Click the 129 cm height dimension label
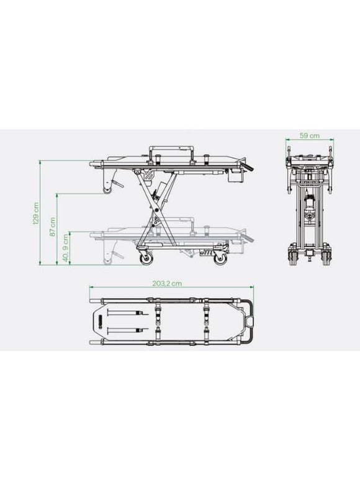click(x=36, y=214)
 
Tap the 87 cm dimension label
click(x=53, y=227)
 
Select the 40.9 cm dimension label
click(x=66, y=248)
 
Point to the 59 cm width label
click(x=309, y=135)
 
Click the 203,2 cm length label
click(x=167, y=284)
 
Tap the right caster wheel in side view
click(x=220, y=259)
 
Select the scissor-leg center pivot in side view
click(x=156, y=210)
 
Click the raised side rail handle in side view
click(x=171, y=152)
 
